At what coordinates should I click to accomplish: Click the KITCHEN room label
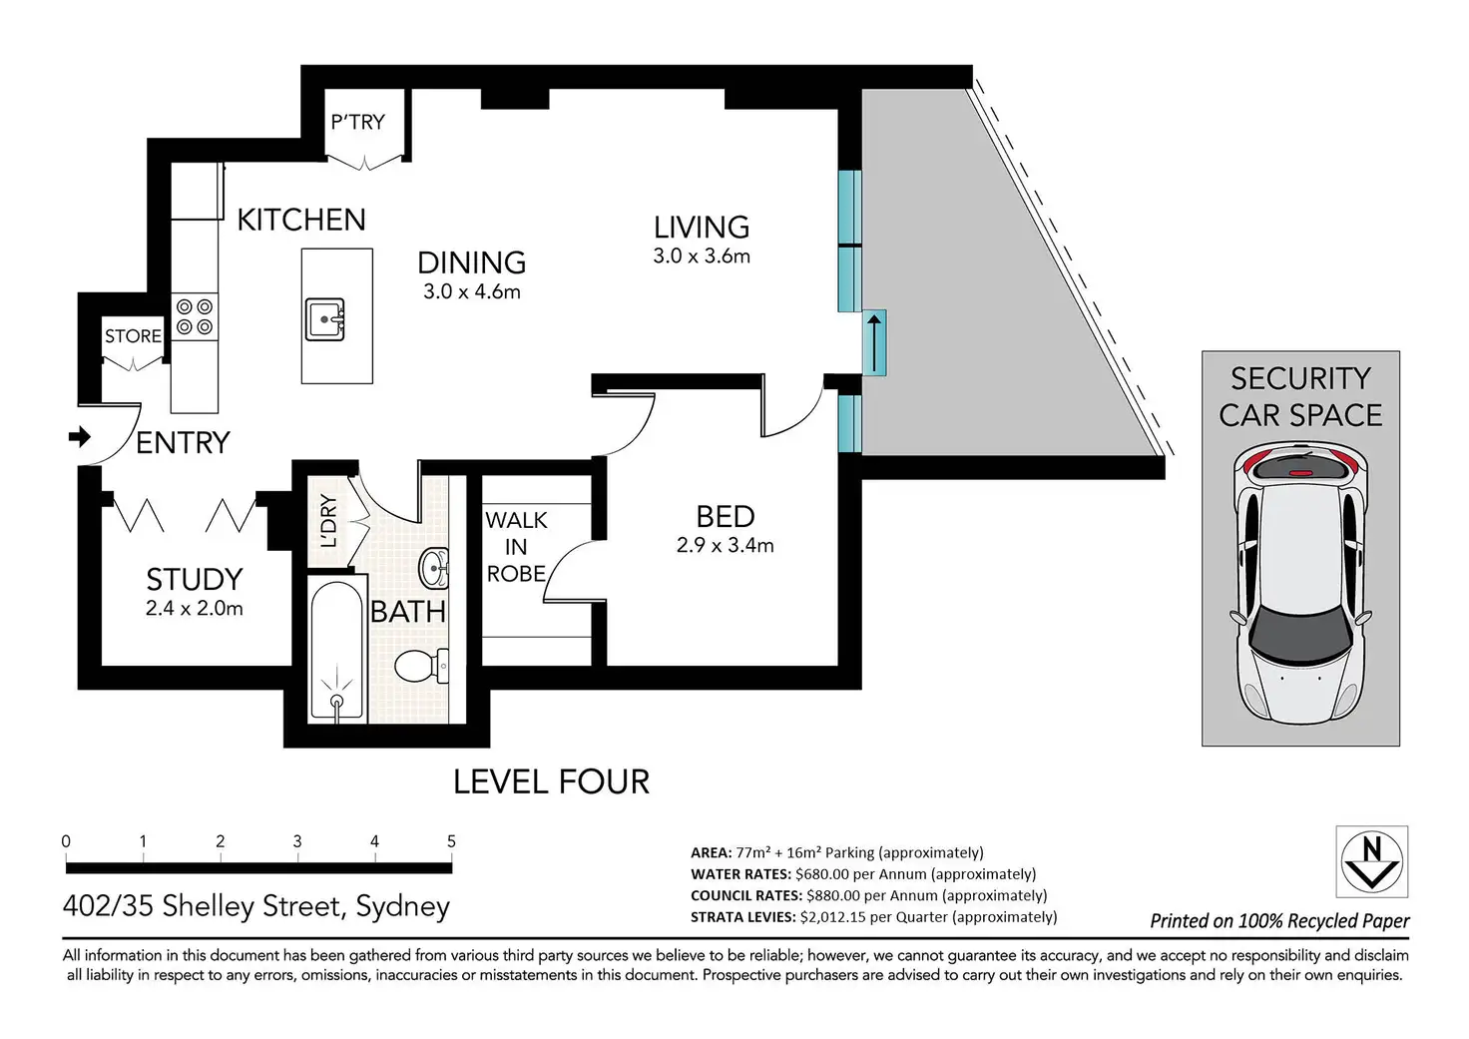(x=301, y=220)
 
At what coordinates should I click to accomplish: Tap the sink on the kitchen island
(x=324, y=319)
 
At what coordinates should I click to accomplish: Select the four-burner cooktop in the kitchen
(x=195, y=316)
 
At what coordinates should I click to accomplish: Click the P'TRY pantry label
(x=357, y=122)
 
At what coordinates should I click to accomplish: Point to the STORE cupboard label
(x=133, y=336)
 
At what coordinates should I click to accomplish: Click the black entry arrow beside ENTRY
(x=80, y=436)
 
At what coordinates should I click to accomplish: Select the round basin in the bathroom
(x=433, y=568)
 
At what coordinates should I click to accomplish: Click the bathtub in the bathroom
(x=336, y=650)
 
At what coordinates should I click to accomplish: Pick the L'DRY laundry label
(x=328, y=521)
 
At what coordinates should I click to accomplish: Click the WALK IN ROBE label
(x=516, y=547)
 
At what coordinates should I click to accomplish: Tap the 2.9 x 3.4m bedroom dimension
(x=726, y=545)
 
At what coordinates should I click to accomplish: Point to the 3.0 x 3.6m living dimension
(x=702, y=256)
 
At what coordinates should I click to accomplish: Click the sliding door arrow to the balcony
(x=873, y=343)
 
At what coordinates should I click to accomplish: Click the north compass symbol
(x=1372, y=861)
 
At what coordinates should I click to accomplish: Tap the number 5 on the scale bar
(x=451, y=841)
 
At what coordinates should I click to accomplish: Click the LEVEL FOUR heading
(x=552, y=781)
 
